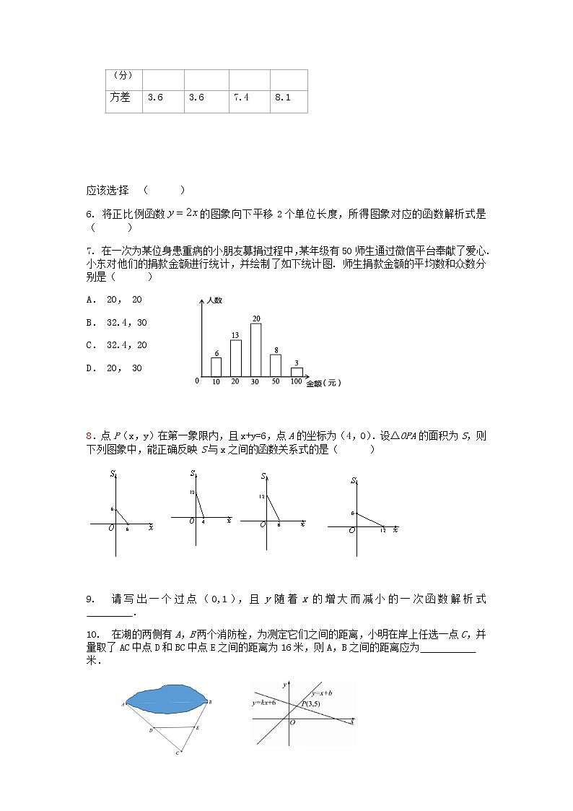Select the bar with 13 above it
point(235,357)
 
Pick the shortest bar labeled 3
point(297,371)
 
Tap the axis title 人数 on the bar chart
point(214,299)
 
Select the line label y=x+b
point(322,693)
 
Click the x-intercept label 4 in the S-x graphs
point(203,521)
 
